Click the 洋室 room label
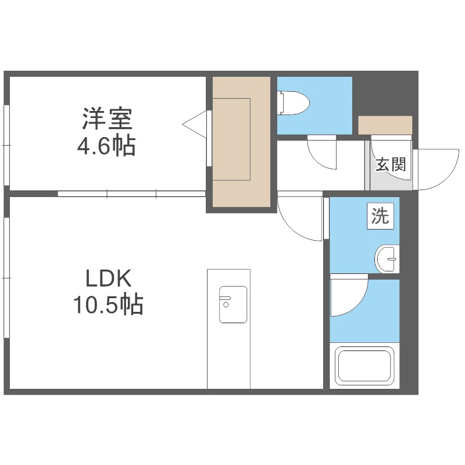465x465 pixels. tap(108, 119)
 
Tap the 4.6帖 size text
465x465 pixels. tap(108, 146)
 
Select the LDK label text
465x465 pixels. tap(109, 279)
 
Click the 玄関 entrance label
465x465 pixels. tap(390, 164)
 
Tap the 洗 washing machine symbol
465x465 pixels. tap(380, 216)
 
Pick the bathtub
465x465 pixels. tap(364, 366)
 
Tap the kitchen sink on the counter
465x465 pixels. tap(233, 305)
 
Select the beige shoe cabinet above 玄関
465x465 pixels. tap(385, 124)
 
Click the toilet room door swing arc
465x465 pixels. tap(322, 154)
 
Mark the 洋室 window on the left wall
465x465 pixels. tap(6, 145)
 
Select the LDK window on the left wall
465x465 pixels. tap(6, 278)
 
